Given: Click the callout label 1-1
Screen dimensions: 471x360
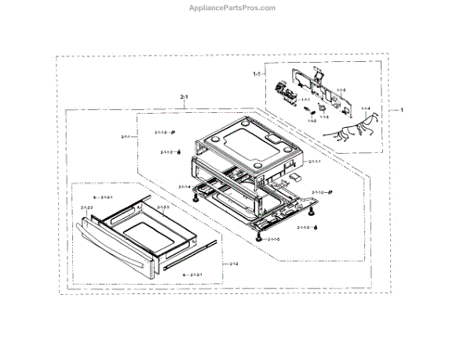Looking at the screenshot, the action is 256,74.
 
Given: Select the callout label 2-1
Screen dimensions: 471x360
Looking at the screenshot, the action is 184,97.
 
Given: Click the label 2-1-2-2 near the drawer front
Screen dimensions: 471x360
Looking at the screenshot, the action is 86,207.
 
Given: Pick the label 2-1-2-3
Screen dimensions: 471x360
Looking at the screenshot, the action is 162,207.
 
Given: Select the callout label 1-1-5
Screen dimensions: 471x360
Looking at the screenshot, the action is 341,92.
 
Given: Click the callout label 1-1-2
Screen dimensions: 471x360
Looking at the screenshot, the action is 312,121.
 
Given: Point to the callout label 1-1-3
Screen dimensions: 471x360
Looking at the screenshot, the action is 323,115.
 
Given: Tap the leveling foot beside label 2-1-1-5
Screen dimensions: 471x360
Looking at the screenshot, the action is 258,236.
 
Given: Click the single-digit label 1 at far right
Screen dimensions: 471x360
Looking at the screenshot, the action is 403,110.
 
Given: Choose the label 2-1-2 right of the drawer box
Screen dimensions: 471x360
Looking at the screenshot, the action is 235,264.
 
